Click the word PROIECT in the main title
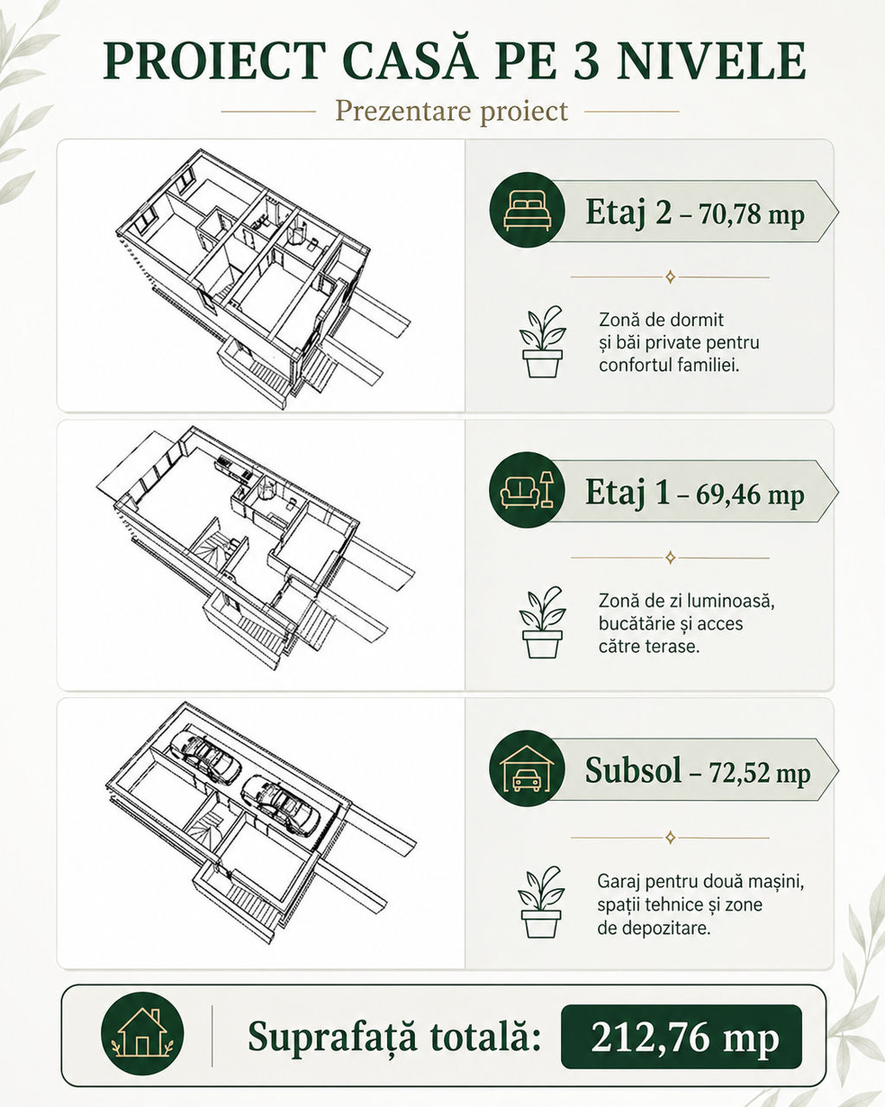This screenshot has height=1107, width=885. point(215,61)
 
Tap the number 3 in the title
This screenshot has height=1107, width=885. point(585,61)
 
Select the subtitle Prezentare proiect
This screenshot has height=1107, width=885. point(451,111)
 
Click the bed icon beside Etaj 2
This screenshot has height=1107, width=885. point(527,210)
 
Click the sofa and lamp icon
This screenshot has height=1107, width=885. point(527,490)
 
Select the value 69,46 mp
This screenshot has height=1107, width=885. point(750,495)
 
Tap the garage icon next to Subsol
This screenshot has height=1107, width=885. point(527,770)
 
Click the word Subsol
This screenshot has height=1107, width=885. point(633,770)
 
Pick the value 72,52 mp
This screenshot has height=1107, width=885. point(760,772)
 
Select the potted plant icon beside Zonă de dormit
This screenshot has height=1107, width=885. point(543,342)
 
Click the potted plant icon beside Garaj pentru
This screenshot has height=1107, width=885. point(541,902)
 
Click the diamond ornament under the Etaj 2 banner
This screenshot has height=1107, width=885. point(670,278)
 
